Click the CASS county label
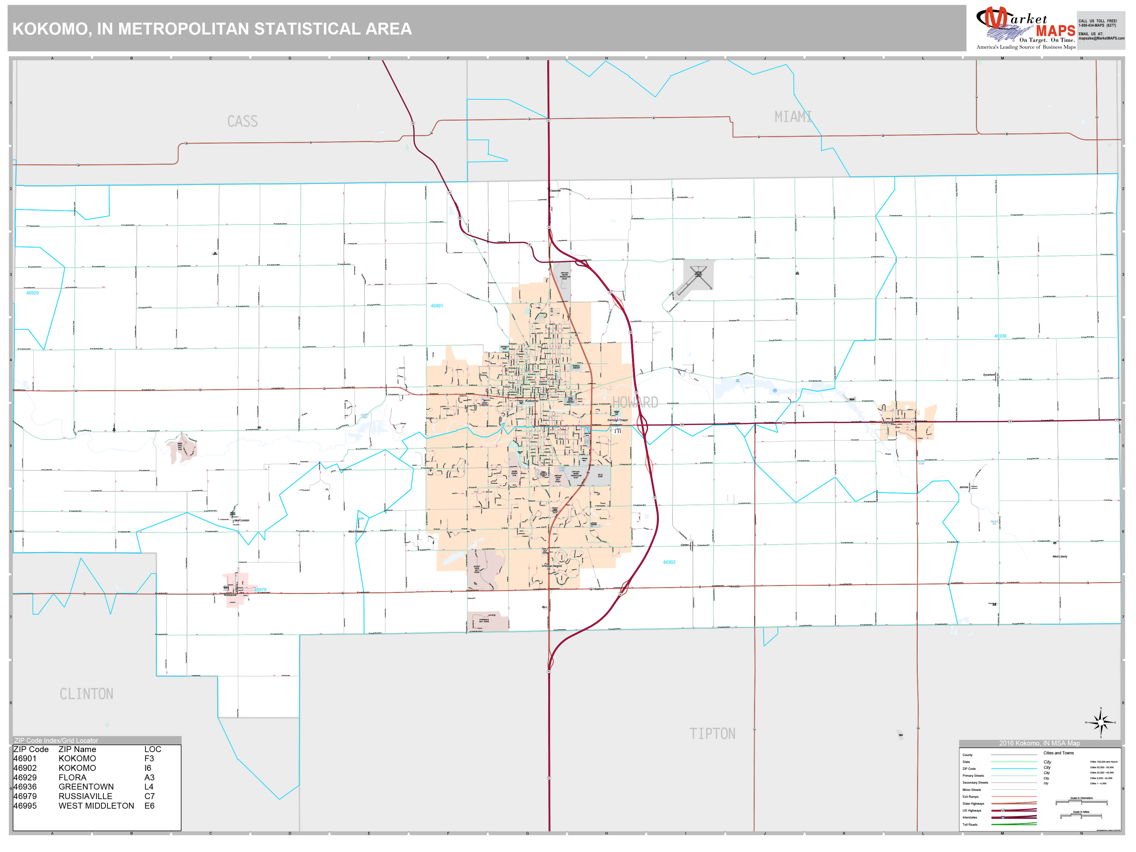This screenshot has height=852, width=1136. (242, 122)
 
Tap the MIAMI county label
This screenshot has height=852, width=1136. (793, 117)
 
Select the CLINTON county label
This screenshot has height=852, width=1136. (86, 694)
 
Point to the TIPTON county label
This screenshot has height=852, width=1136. (712, 733)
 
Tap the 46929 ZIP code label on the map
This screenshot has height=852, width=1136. (32, 293)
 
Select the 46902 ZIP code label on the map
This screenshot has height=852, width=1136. (669, 562)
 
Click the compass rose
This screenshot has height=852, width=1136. (1100, 722)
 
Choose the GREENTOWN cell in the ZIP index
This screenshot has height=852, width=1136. (85, 787)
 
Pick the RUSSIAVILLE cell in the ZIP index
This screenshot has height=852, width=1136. (85, 796)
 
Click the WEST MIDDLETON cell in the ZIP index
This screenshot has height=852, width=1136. (96, 806)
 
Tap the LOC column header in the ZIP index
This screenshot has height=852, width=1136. (153, 749)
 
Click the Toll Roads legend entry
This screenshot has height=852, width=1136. (970, 824)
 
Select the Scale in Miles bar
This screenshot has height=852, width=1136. (1081, 816)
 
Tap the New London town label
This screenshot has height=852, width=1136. (242, 520)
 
